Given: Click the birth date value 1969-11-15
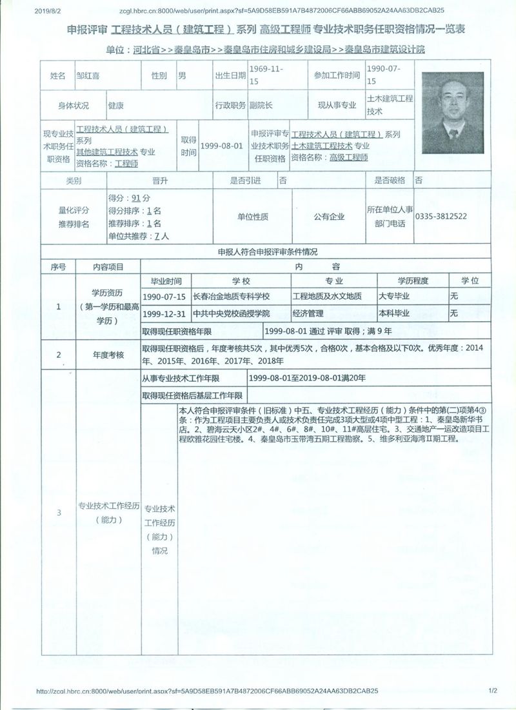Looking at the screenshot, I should click(264, 75).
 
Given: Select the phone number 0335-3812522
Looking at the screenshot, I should click(441, 217).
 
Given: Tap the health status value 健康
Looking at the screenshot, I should click(116, 105).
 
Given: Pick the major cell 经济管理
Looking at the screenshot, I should click(306, 313).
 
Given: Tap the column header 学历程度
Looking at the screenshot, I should click(413, 281).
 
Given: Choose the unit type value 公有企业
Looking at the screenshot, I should click(329, 217).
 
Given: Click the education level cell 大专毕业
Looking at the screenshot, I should click(394, 296).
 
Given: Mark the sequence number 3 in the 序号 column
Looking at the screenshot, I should click(59, 513).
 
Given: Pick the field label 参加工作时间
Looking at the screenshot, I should click(337, 75).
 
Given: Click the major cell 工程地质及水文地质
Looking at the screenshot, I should click(327, 296).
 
